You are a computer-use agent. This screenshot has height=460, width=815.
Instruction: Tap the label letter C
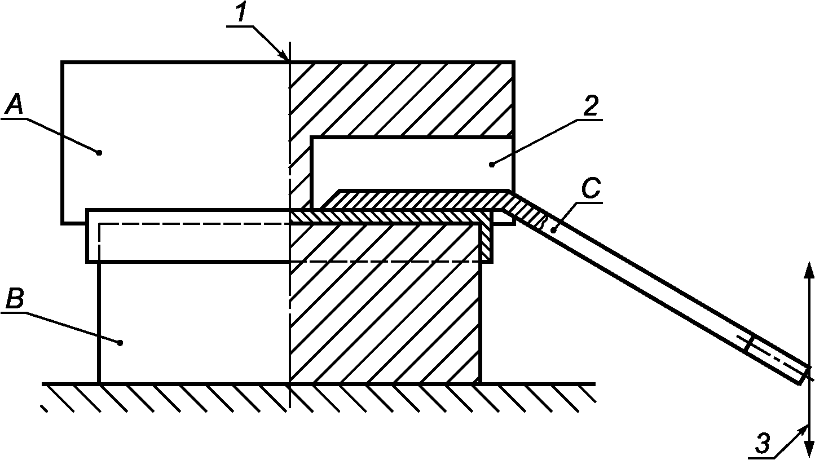589,190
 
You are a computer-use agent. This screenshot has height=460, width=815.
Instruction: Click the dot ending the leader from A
99,152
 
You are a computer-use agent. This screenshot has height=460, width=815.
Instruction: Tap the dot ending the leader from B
120,342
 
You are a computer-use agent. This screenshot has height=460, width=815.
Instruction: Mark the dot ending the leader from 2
492,164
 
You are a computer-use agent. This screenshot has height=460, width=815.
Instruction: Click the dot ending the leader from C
553,230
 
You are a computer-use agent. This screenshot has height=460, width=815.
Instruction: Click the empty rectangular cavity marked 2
412,163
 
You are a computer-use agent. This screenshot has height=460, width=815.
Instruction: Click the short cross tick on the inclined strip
750,344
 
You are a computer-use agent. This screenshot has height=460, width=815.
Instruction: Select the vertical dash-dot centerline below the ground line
289,397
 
